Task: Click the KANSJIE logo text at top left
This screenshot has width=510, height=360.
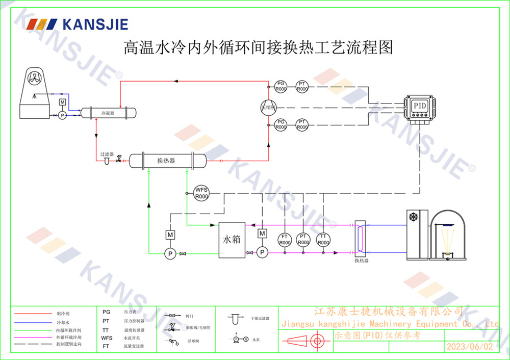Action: (x=95, y=24)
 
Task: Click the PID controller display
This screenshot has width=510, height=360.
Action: (x=419, y=105)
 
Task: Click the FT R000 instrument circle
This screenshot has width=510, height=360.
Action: (x=284, y=239)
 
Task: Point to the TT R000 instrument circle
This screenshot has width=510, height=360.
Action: (x=323, y=239)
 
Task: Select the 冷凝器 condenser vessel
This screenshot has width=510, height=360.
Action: (x=108, y=112)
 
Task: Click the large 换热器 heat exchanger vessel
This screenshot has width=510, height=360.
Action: (x=166, y=161)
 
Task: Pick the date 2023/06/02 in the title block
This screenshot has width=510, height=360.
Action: (x=469, y=346)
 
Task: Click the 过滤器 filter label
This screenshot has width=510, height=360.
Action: (x=107, y=154)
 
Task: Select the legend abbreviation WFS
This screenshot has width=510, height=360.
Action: (x=107, y=338)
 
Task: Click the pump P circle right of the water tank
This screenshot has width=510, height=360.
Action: (x=262, y=252)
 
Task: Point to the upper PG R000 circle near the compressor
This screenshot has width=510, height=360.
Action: (x=281, y=86)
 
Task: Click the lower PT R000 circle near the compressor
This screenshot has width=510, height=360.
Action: (x=302, y=124)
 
